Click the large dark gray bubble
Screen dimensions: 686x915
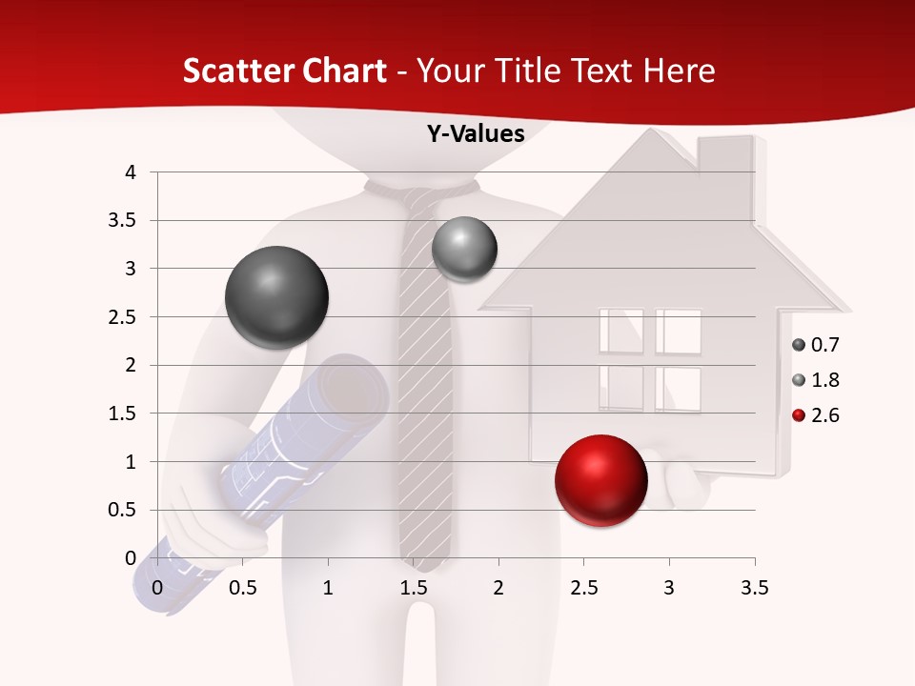(276, 297)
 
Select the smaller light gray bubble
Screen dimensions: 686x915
(464, 250)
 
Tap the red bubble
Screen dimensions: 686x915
(600, 480)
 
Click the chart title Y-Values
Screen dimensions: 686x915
(476, 134)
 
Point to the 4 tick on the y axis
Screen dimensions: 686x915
(132, 172)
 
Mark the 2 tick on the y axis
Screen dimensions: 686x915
(132, 365)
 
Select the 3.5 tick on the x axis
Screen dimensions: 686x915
(754, 588)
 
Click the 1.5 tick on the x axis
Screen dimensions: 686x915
(414, 588)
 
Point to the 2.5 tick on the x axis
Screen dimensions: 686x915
(583, 588)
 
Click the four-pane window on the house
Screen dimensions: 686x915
(650, 360)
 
